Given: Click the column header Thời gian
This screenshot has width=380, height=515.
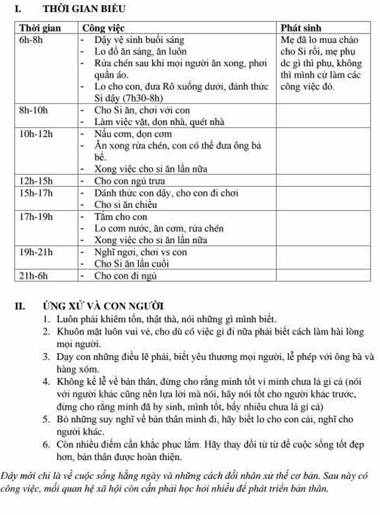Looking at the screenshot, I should [39, 28].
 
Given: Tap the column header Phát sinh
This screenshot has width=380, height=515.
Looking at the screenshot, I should [303, 28].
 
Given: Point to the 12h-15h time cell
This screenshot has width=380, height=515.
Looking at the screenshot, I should [36, 181].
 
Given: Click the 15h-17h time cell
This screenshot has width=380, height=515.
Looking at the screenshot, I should [36, 193].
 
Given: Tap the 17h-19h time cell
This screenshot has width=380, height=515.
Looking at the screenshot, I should [36, 216].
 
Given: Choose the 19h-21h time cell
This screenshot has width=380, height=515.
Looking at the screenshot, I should [36, 252].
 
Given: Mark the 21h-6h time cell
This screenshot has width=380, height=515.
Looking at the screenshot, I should [34, 276].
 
